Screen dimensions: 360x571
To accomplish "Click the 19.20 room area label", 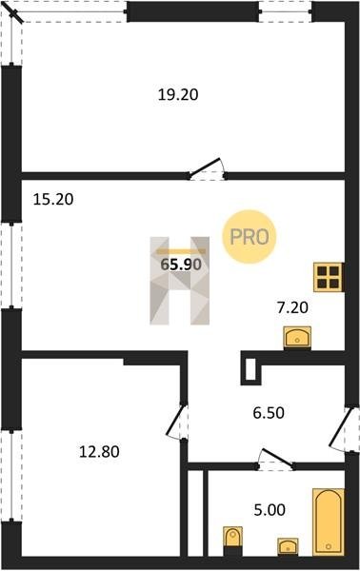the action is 178,94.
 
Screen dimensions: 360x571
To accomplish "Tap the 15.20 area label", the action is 53,199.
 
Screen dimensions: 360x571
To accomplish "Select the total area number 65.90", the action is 181,265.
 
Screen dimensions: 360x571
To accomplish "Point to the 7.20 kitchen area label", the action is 292,307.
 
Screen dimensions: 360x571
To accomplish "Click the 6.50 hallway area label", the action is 269,413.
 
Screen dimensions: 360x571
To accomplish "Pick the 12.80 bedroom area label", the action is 99,452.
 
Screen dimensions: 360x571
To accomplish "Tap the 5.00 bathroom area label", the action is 270,510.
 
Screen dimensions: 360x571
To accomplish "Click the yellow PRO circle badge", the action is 250,237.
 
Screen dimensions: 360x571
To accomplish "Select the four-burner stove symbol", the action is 329,277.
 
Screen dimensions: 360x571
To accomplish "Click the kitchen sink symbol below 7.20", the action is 297,338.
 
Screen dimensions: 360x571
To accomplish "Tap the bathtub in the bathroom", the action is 329,522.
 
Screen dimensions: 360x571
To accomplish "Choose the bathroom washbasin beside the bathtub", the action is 288,546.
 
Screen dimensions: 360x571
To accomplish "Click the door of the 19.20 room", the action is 207,169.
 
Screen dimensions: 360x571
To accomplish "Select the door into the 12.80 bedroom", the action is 177,422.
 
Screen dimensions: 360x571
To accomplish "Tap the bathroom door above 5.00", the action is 276,459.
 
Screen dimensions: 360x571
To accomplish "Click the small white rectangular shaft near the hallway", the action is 251,369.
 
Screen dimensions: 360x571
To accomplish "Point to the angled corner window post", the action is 15,14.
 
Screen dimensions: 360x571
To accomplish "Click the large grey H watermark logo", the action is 180,281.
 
